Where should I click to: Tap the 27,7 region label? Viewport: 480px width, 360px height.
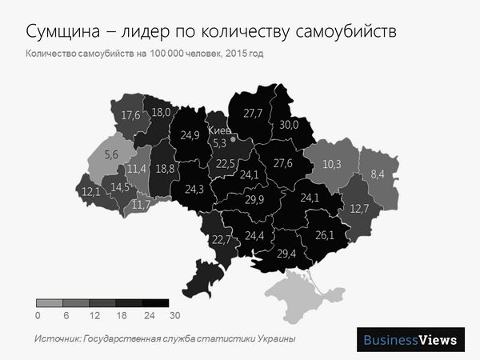(x=253, y=113)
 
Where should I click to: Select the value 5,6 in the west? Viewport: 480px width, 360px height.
(x=111, y=154)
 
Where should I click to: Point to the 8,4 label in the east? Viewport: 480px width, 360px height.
(x=378, y=174)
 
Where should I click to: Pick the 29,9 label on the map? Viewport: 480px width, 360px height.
(x=254, y=199)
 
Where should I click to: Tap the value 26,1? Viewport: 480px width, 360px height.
(x=325, y=235)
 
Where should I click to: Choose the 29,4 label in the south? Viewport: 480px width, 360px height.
(x=286, y=254)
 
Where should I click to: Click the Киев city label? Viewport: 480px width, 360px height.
(x=218, y=130)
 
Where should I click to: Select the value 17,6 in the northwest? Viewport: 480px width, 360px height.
(x=130, y=115)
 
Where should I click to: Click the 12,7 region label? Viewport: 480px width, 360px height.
(x=359, y=209)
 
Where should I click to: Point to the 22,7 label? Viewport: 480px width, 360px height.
(x=222, y=238)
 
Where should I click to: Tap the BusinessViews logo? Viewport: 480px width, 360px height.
(x=410, y=339)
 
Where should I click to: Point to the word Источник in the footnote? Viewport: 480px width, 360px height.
(x=57, y=339)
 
